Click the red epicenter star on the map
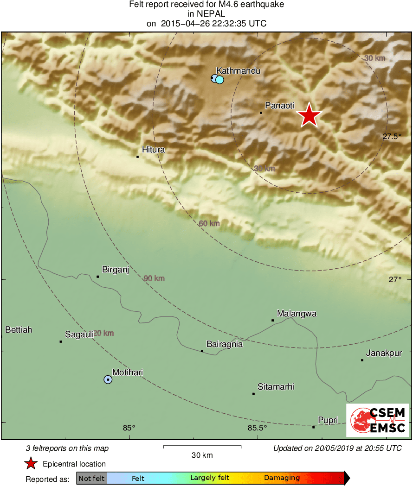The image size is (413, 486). [309, 115]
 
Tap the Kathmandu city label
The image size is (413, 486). [238, 71]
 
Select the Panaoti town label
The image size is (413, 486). [279, 106]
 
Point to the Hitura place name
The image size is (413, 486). [153, 150]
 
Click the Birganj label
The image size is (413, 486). [115, 270]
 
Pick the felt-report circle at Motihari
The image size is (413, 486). [108, 379]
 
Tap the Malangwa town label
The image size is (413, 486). [297, 314]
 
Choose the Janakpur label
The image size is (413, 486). [383, 353]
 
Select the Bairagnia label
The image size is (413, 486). [224, 344]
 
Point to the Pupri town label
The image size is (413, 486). [328, 420]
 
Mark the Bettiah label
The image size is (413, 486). [19, 330]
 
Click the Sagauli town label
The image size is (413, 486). [79, 335]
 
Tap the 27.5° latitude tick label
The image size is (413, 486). [392, 136]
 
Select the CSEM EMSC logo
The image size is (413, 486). [377, 420]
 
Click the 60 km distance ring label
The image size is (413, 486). [209, 224]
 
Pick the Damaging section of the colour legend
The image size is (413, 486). [282, 478]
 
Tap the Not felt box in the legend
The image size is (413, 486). [91, 478]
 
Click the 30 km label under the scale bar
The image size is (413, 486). [202, 455]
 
